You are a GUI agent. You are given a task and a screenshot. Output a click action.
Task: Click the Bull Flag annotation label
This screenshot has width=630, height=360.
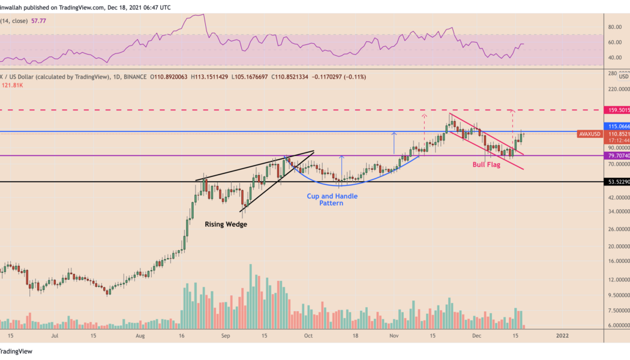point(488,164)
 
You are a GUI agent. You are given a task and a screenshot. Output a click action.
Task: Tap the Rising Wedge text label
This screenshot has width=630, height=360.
point(226,224)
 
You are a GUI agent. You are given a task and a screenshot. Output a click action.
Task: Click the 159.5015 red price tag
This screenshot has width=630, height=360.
point(618,110)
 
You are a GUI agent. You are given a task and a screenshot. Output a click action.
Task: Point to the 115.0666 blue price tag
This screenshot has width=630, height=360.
point(618,127)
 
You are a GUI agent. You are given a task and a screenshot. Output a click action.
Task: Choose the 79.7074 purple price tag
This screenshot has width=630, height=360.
point(618,155)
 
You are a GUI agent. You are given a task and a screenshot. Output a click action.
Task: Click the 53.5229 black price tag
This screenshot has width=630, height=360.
point(618,182)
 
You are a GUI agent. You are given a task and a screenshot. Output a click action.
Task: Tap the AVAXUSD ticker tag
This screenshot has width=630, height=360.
point(589,134)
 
